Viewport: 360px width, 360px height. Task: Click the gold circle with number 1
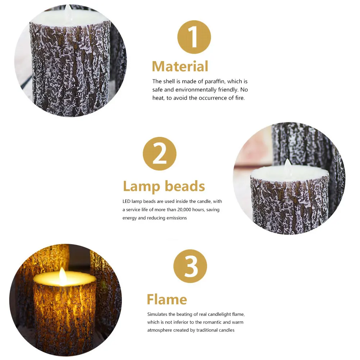(194, 37)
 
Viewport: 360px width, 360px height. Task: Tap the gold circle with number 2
(160, 154)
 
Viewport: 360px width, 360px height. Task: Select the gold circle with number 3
(190, 266)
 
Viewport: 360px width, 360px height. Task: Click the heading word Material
(180, 67)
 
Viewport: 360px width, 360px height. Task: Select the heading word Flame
(167, 299)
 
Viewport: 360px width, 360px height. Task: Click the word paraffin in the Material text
(222, 82)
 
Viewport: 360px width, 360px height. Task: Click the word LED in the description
(127, 201)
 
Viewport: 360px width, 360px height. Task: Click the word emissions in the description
(177, 218)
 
